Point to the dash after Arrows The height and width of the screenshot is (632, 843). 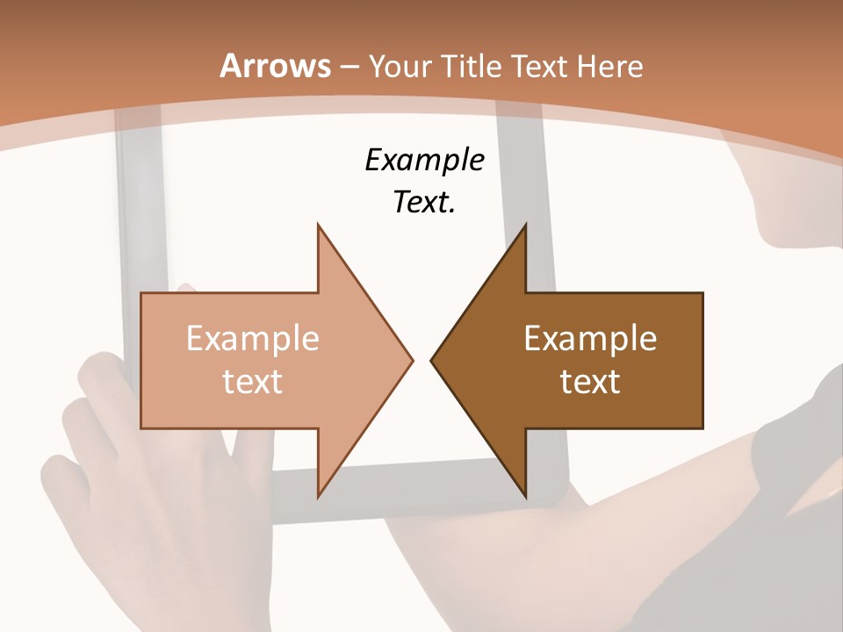coord(349,68)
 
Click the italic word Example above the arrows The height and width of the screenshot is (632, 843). coord(424,160)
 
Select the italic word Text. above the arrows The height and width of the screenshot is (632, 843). coord(424,202)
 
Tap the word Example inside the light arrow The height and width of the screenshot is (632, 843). coord(253,339)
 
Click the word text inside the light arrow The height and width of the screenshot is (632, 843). coord(253,381)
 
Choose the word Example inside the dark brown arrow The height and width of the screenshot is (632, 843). coord(590,339)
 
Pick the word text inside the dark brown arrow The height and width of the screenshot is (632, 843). coord(590,381)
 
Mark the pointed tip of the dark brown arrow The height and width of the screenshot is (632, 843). coord(432,360)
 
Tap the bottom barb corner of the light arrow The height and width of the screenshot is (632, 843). coord(319,496)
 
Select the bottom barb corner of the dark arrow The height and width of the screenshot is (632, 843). coord(525,496)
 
